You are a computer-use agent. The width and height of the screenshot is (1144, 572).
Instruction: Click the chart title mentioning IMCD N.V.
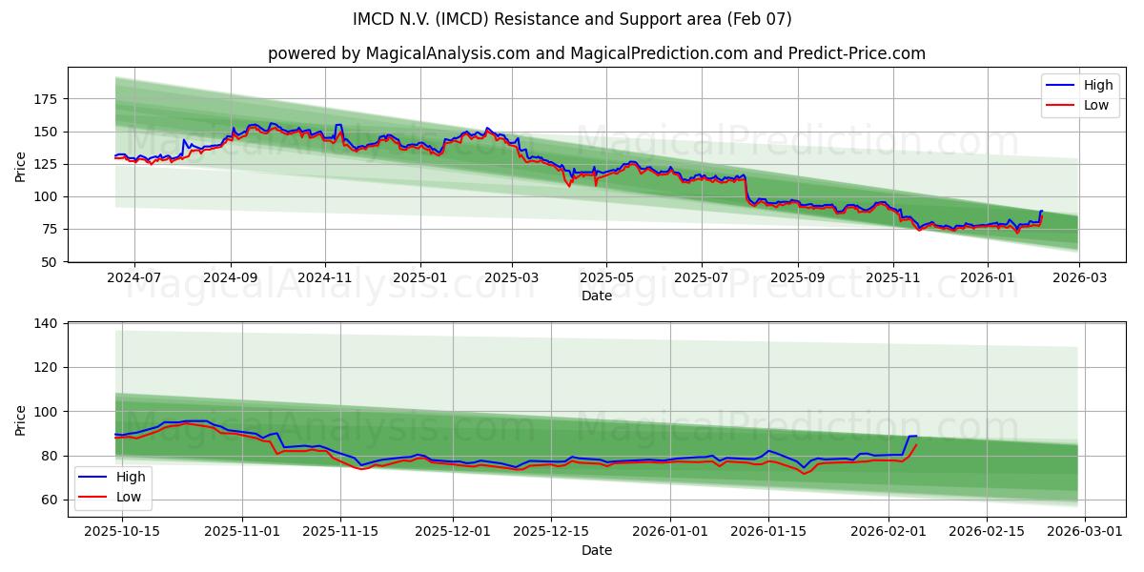pyautogui.click(x=572, y=19)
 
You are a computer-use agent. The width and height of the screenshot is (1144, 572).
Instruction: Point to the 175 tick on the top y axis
pyautogui.click(x=45, y=99)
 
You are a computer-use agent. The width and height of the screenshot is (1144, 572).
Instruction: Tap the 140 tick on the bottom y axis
pyautogui.click(x=45, y=323)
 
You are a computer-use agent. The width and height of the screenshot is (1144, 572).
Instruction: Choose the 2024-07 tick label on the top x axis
pyautogui.click(x=133, y=278)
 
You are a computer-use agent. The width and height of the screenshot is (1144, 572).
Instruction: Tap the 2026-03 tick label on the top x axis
pyautogui.click(x=1079, y=278)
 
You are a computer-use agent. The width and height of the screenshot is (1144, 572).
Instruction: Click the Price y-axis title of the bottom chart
pyautogui.click(x=21, y=419)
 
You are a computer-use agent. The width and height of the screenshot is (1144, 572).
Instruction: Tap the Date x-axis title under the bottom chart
pyautogui.click(x=597, y=550)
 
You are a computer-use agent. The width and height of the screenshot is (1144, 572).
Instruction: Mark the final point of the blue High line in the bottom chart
pyautogui.click(x=916, y=436)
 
